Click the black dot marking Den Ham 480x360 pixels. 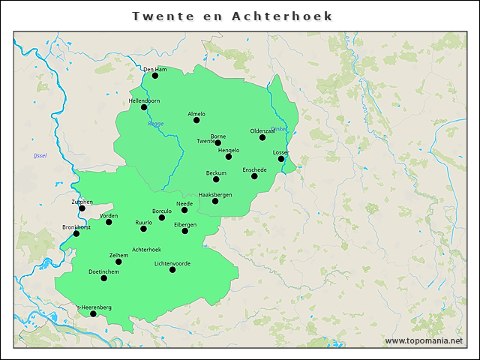[x=155, y=76]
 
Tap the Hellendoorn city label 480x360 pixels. [x=144, y=100]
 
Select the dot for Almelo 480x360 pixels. [x=196, y=120]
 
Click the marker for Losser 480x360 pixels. [x=281, y=159]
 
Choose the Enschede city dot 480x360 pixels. [x=254, y=176]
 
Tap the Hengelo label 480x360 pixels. [x=228, y=150]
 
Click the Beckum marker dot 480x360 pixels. [x=216, y=179]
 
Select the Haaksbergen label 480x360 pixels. [x=215, y=195]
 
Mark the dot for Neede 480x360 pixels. [x=184, y=210]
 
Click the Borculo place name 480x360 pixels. [x=162, y=211]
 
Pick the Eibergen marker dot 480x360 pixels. [x=185, y=231]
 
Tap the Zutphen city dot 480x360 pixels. [x=82, y=208]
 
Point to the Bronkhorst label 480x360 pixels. [x=76, y=227]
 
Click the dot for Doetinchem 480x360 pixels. [x=104, y=278]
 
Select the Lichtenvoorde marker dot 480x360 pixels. [x=172, y=270]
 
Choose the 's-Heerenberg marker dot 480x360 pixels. [x=94, y=313]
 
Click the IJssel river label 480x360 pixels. [x=40, y=155]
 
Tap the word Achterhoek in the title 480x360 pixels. [x=283, y=16]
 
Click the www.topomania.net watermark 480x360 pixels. [x=424, y=340]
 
